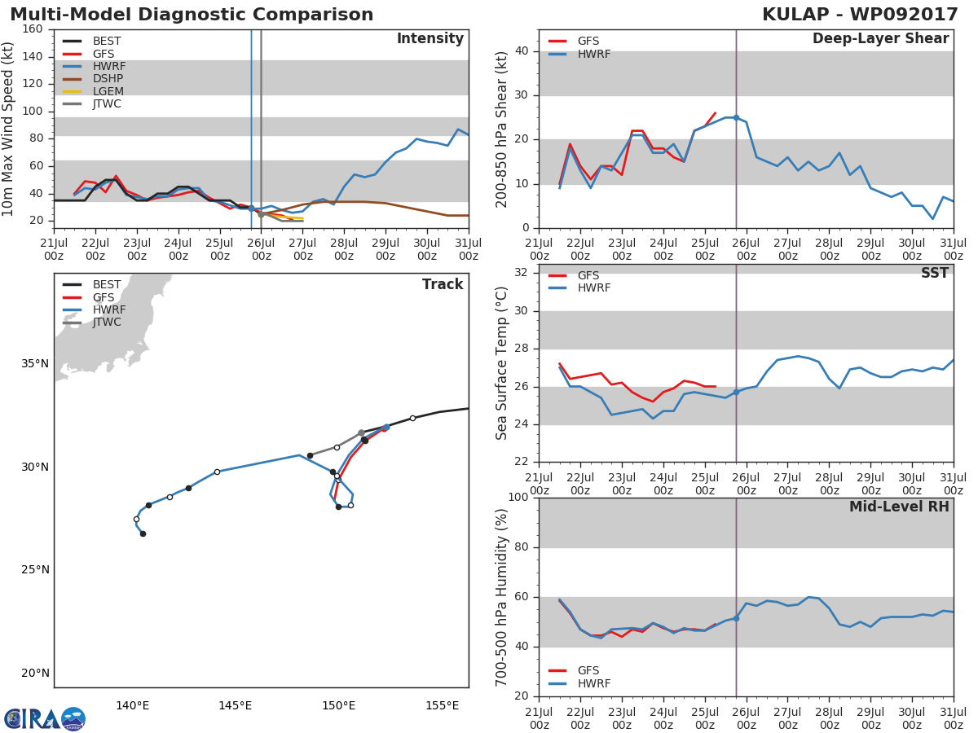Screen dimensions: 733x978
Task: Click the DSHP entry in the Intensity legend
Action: click(107, 79)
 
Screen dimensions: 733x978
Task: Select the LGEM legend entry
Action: click(107, 91)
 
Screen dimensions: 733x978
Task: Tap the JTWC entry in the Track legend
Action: click(107, 323)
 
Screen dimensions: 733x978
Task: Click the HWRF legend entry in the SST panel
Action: click(593, 288)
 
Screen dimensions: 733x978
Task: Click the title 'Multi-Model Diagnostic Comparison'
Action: click(192, 15)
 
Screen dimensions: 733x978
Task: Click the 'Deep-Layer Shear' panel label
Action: click(880, 39)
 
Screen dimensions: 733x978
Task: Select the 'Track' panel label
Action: click(443, 284)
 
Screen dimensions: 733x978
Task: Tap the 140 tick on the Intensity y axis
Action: click(33, 56)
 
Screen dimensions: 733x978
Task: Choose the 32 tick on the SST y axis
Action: click(520, 273)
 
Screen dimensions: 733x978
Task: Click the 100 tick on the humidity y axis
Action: click(517, 498)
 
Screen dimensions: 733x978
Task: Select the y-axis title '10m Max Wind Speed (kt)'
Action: click(9, 128)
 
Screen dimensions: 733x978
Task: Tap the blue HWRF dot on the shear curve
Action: click(736, 117)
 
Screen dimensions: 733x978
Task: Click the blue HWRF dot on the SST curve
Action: click(736, 392)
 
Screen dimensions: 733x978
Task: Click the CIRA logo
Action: click(45, 718)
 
